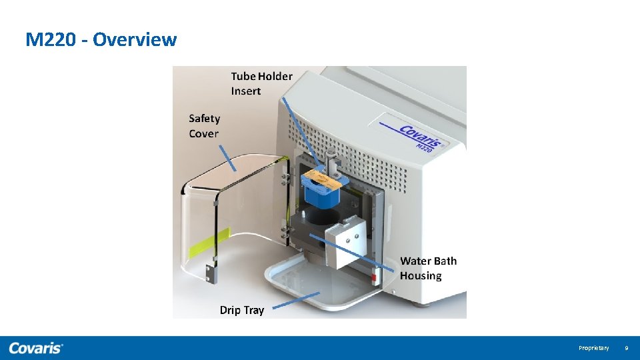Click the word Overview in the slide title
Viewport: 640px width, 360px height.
(x=135, y=40)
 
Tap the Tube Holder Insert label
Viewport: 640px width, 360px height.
(x=261, y=84)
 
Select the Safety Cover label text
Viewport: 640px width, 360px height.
(x=204, y=126)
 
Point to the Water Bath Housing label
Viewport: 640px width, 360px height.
(x=428, y=268)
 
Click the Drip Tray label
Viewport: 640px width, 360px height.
(x=241, y=310)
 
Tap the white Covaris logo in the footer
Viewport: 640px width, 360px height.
(x=36, y=348)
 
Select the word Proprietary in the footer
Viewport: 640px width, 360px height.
(x=593, y=348)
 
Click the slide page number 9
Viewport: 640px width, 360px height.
(x=626, y=348)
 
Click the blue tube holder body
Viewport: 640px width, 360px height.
(x=322, y=195)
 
